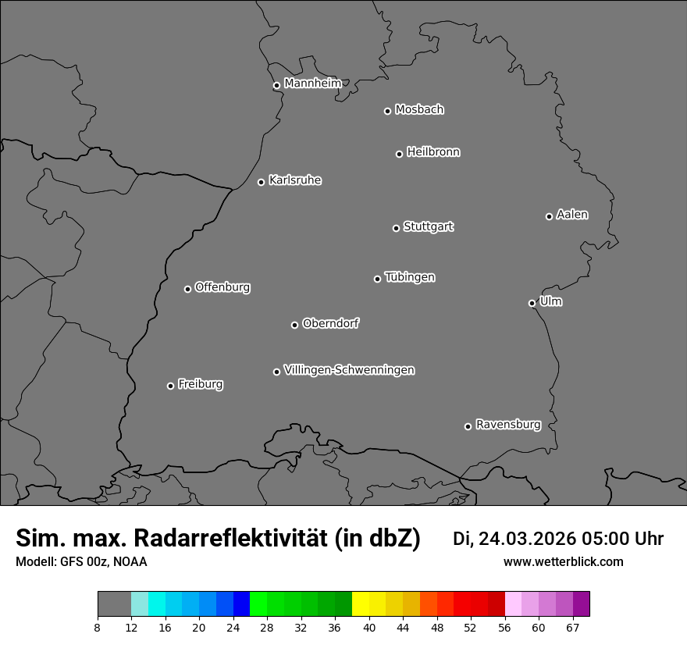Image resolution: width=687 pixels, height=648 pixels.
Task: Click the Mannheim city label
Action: [312, 83]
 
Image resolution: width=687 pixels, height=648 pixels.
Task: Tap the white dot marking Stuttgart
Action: [396, 228]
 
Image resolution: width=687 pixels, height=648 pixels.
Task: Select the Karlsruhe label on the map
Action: [295, 180]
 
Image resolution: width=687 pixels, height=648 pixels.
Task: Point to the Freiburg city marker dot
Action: [170, 386]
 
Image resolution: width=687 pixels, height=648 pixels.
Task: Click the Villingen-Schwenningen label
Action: [349, 370]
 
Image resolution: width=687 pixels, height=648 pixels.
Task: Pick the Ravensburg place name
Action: [508, 425]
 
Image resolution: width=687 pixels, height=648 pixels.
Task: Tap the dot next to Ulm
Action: [532, 303]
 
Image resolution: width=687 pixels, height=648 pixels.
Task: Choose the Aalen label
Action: [572, 215]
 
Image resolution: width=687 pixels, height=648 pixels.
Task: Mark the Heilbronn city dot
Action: [399, 154]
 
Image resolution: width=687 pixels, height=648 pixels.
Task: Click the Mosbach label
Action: [419, 109]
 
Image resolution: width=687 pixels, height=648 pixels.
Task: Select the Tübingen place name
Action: [410, 277]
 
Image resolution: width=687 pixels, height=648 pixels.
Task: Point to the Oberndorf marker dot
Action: [294, 325]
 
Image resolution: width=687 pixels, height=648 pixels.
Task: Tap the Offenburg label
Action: [222, 287]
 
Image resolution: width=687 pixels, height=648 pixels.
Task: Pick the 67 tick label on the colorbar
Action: [572, 627]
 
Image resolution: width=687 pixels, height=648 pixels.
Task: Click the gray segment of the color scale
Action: [114, 604]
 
